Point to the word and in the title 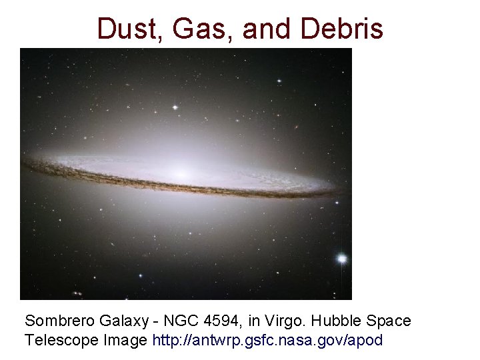coord(265,29)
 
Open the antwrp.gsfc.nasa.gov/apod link coord(267,340)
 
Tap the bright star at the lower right coord(342,258)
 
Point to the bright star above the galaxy coord(176,107)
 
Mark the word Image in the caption coord(127,340)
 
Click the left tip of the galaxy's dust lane coord(25,161)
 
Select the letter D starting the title coord(105,29)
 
